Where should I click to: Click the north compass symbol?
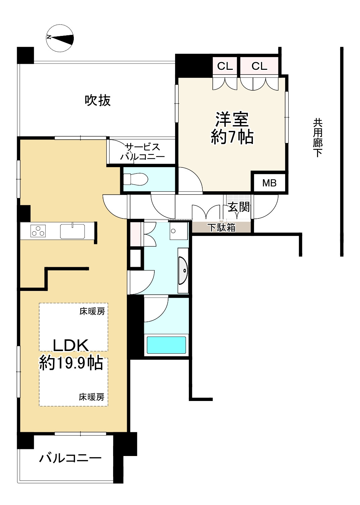point(60,38)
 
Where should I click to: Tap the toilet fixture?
point(136,179)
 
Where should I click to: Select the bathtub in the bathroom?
point(166,345)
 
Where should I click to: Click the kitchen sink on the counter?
point(72,231)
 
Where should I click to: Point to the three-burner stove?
point(38,231)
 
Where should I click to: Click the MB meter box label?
point(269,183)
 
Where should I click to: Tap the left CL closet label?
point(225,66)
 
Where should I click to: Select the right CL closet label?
point(259,66)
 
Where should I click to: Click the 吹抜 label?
point(98,100)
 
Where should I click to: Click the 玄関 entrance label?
point(239,207)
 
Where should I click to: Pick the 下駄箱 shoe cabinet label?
point(221,228)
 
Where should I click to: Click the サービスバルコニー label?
point(143,152)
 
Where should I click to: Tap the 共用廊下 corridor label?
point(318,138)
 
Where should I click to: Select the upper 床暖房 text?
point(92,311)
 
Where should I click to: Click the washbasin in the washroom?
point(183,270)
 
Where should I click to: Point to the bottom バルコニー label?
point(70,458)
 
